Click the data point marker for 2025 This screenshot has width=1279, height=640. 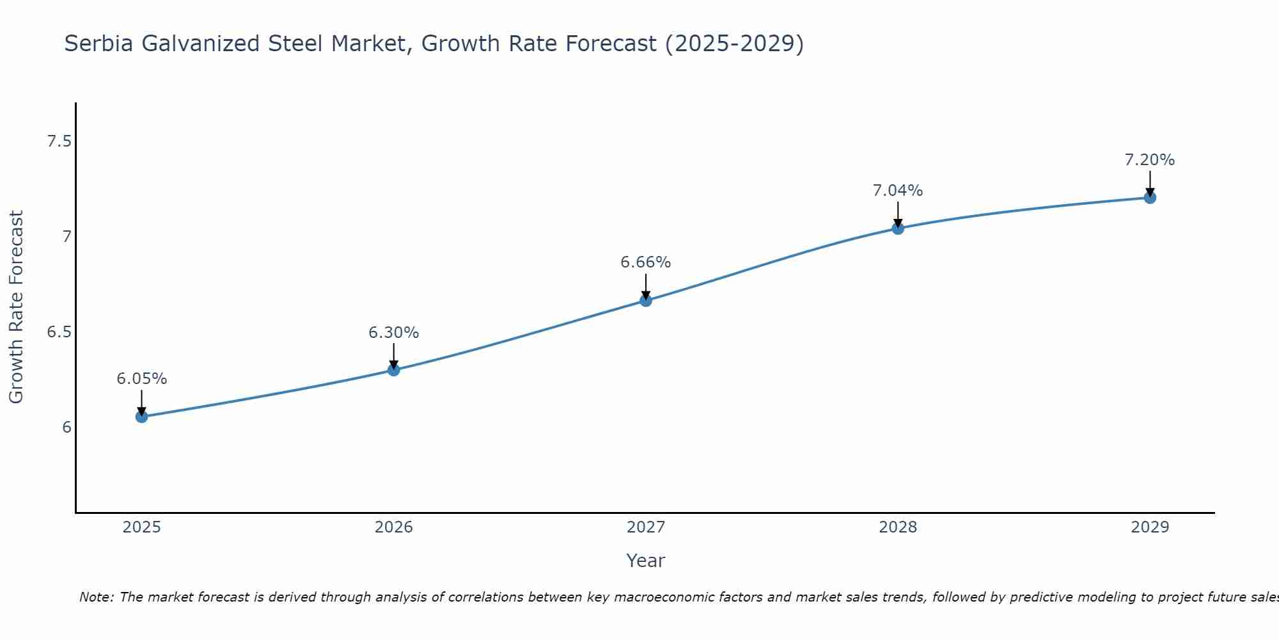click(x=141, y=417)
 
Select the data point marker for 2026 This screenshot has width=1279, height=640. click(x=393, y=369)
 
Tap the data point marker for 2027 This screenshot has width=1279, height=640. click(x=645, y=300)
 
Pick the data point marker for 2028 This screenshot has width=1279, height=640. click(x=897, y=228)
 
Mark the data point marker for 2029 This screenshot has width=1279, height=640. click(x=1149, y=198)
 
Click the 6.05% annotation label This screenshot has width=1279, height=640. click(x=141, y=379)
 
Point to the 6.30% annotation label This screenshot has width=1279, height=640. click(x=393, y=333)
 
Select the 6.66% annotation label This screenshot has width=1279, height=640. click(x=645, y=262)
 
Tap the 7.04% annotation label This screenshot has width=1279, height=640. click(x=897, y=191)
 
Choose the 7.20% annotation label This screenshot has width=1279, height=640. click(x=1149, y=160)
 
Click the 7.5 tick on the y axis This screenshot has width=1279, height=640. click(x=59, y=141)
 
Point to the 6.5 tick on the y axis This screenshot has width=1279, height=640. click(x=59, y=332)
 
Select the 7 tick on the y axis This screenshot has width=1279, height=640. click(x=67, y=237)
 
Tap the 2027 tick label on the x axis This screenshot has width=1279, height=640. click(x=645, y=527)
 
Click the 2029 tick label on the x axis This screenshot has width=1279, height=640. click(x=1149, y=527)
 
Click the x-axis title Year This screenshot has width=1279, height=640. click(x=645, y=561)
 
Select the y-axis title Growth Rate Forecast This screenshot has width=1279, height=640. click(x=16, y=307)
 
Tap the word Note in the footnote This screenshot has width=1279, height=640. click(x=95, y=597)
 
